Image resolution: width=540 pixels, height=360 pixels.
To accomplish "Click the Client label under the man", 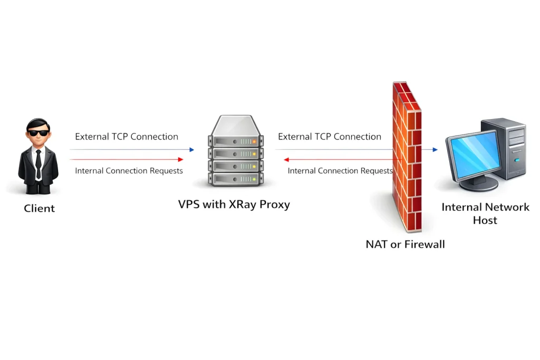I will [39, 208].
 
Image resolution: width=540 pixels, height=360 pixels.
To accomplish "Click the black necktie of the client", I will [38, 164].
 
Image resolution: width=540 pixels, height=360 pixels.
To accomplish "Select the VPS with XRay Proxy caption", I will [234, 205].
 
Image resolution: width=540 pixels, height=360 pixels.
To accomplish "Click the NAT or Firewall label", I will [405, 244].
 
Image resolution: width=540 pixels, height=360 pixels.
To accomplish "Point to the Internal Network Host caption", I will [485, 213].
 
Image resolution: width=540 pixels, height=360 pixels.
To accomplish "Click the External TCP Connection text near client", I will [127, 137].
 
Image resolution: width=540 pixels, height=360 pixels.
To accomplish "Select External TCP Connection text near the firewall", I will [330, 137].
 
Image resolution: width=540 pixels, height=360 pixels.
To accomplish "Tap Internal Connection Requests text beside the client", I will [129, 171].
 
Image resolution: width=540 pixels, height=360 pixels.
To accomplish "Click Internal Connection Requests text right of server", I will [340, 171].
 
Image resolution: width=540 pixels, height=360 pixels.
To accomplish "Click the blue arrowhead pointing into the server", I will [192, 150].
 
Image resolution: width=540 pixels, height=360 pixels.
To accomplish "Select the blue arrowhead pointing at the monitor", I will [435, 150].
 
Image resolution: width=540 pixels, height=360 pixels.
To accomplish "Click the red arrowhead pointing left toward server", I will [286, 159].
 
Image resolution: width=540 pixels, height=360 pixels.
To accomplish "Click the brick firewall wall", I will [407, 158].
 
